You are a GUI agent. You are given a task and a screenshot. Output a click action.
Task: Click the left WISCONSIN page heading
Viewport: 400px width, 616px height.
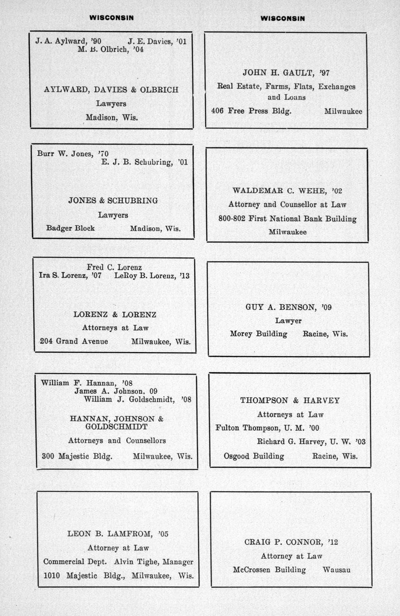pos(111,18)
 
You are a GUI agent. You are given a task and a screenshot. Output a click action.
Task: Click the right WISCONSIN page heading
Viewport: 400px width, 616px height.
pos(282,18)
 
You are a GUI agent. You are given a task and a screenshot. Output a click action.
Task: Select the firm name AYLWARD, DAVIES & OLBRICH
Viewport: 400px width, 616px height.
pos(111,89)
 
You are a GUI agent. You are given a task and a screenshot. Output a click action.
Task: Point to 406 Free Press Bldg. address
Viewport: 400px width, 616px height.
pos(252,111)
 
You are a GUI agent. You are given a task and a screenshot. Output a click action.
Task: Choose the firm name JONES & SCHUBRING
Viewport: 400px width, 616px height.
pos(113,201)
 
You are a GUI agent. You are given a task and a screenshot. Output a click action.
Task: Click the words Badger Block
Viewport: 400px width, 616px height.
pos(71,228)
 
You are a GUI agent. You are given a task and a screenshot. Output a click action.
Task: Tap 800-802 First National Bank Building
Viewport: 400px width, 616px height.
pos(287,219)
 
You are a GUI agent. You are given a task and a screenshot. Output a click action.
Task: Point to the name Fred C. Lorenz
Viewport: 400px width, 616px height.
pos(114,267)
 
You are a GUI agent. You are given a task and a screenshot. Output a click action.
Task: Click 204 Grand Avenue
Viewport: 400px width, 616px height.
pos(74,341)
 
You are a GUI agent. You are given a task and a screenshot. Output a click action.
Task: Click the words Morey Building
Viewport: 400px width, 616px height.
pos(258,333)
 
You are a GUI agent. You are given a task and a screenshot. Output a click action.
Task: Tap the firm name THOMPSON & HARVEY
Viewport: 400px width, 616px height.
pos(290,400)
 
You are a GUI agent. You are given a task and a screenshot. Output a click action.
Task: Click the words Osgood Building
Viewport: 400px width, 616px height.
pos(253,456)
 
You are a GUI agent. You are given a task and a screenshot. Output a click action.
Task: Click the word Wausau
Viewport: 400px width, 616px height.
pos(336,570)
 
